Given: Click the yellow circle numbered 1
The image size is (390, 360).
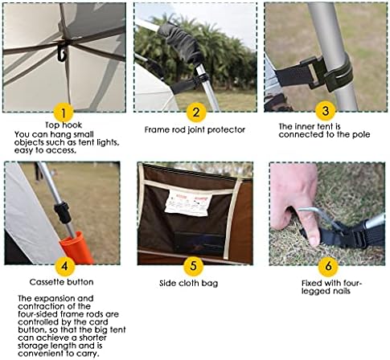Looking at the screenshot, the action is coord(64,112).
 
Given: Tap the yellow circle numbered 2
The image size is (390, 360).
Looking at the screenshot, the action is coord(196,112).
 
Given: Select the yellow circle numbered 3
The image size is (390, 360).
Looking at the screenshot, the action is coord(326,111).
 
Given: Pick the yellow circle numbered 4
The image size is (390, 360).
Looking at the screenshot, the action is coord(64,266).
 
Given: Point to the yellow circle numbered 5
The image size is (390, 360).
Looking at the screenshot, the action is coord(194,266).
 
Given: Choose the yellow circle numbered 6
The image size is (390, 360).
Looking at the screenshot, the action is coord(328,266).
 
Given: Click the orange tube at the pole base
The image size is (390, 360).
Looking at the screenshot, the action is coord(76,247).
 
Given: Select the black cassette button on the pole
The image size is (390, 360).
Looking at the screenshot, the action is coord(62,213).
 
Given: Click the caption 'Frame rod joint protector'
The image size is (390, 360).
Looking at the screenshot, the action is coord(195,130).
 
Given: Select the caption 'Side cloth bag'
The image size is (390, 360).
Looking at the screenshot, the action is coord(188,284).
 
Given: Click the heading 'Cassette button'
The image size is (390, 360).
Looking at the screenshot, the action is coord(61,282).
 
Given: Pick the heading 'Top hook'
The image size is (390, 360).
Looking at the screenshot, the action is coord(64,125).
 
